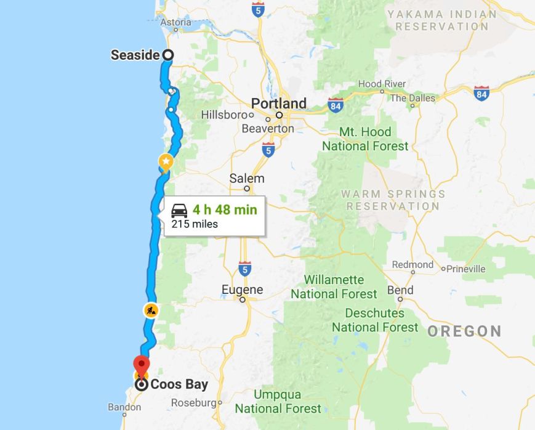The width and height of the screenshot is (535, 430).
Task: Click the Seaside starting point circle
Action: tap(167, 55)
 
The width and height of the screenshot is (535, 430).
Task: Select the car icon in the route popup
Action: tap(180, 210)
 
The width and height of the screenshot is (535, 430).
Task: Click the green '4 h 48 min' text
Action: tap(224, 209)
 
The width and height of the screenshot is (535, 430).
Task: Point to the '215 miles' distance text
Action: tap(195, 224)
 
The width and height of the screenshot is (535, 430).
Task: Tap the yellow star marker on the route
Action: tap(166, 162)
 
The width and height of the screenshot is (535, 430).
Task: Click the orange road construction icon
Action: tap(151, 310)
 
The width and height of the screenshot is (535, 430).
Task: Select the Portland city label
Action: tap(278, 103)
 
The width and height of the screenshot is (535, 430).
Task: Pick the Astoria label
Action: tap(175, 23)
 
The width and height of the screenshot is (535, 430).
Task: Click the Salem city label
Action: tap(247, 179)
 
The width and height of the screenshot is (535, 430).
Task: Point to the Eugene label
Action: tap(243, 290)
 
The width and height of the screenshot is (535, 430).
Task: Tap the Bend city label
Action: tap(400, 290)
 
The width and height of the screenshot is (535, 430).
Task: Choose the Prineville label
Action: tap(466, 269)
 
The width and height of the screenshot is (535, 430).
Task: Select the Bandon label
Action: tap(124, 407)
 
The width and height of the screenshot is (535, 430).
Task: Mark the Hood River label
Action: tap(382, 84)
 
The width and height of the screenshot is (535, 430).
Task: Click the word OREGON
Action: tap(464, 331)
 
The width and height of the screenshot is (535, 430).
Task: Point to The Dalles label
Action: tap(412, 98)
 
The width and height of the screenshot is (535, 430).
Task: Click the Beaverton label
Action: tap(268, 129)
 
